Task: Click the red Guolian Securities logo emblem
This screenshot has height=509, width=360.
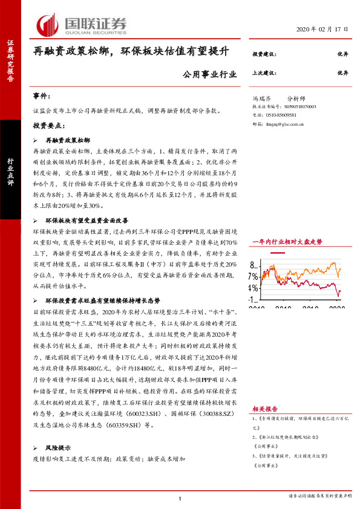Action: tap(48, 24)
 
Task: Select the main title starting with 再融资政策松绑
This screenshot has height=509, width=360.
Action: tap(131, 51)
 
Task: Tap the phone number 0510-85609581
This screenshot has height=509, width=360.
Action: tap(278, 114)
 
